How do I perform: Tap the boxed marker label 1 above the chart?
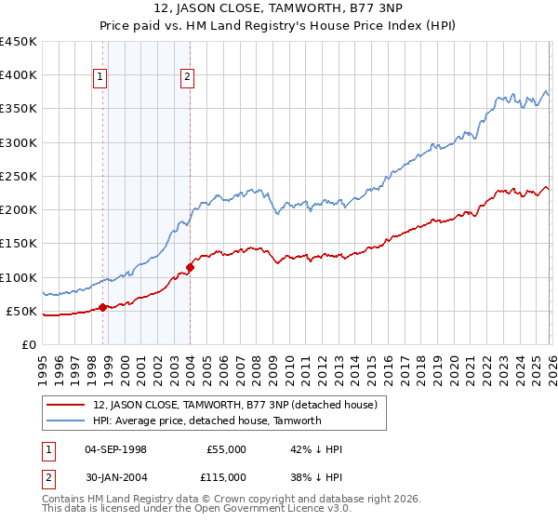[x=100, y=77]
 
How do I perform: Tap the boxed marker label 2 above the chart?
[x=187, y=77]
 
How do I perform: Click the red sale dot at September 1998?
[x=102, y=307]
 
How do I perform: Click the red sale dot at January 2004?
[x=190, y=267]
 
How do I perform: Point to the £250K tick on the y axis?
[x=19, y=176]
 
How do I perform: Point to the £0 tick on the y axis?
[x=29, y=344]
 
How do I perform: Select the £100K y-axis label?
[x=19, y=277]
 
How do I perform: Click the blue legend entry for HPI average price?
[x=206, y=421]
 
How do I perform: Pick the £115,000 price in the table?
[x=226, y=476]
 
